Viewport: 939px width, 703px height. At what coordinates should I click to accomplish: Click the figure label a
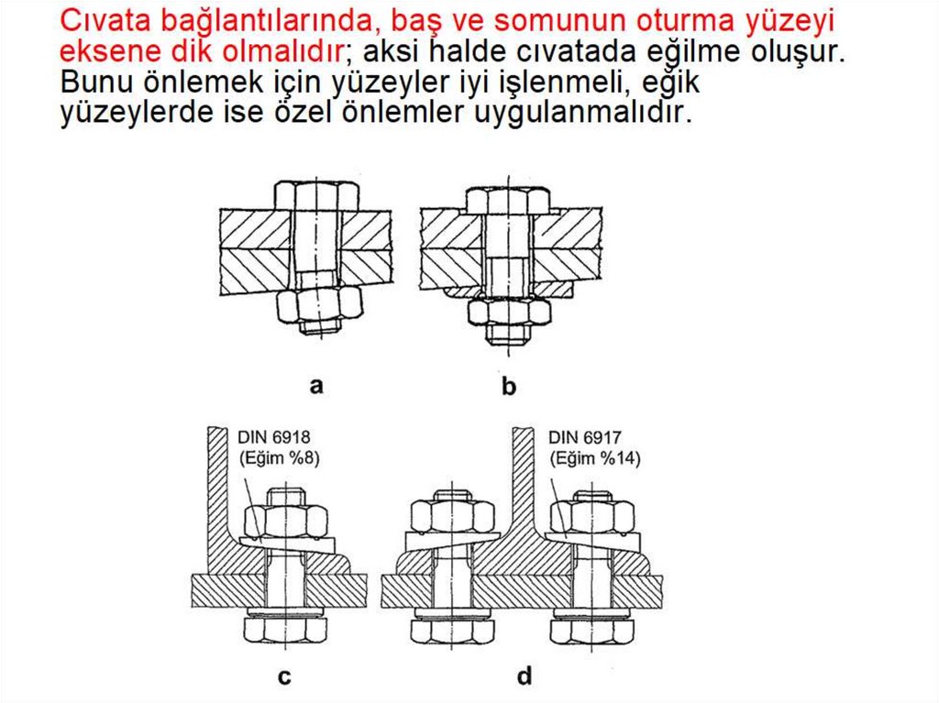(x=316, y=386)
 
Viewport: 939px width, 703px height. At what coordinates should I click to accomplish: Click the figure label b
(x=508, y=386)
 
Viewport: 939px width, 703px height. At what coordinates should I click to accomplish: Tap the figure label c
(x=284, y=676)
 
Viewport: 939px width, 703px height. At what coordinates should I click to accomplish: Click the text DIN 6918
(x=274, y=437)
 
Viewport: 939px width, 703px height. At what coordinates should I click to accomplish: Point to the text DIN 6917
(x=584, y=437)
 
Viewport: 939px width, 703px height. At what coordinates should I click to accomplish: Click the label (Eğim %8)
(x=280, y=458)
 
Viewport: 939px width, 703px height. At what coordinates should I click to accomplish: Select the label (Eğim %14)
(x=595, y=458)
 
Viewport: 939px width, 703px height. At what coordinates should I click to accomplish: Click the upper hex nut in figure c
(x=286, y=520)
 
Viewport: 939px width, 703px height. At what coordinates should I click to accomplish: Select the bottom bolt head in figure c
(x=286, y=631)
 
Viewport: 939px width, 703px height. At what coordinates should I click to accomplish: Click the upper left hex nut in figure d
(x=452, y=517)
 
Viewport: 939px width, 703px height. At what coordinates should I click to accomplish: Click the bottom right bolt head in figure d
(x=593, y=632)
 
